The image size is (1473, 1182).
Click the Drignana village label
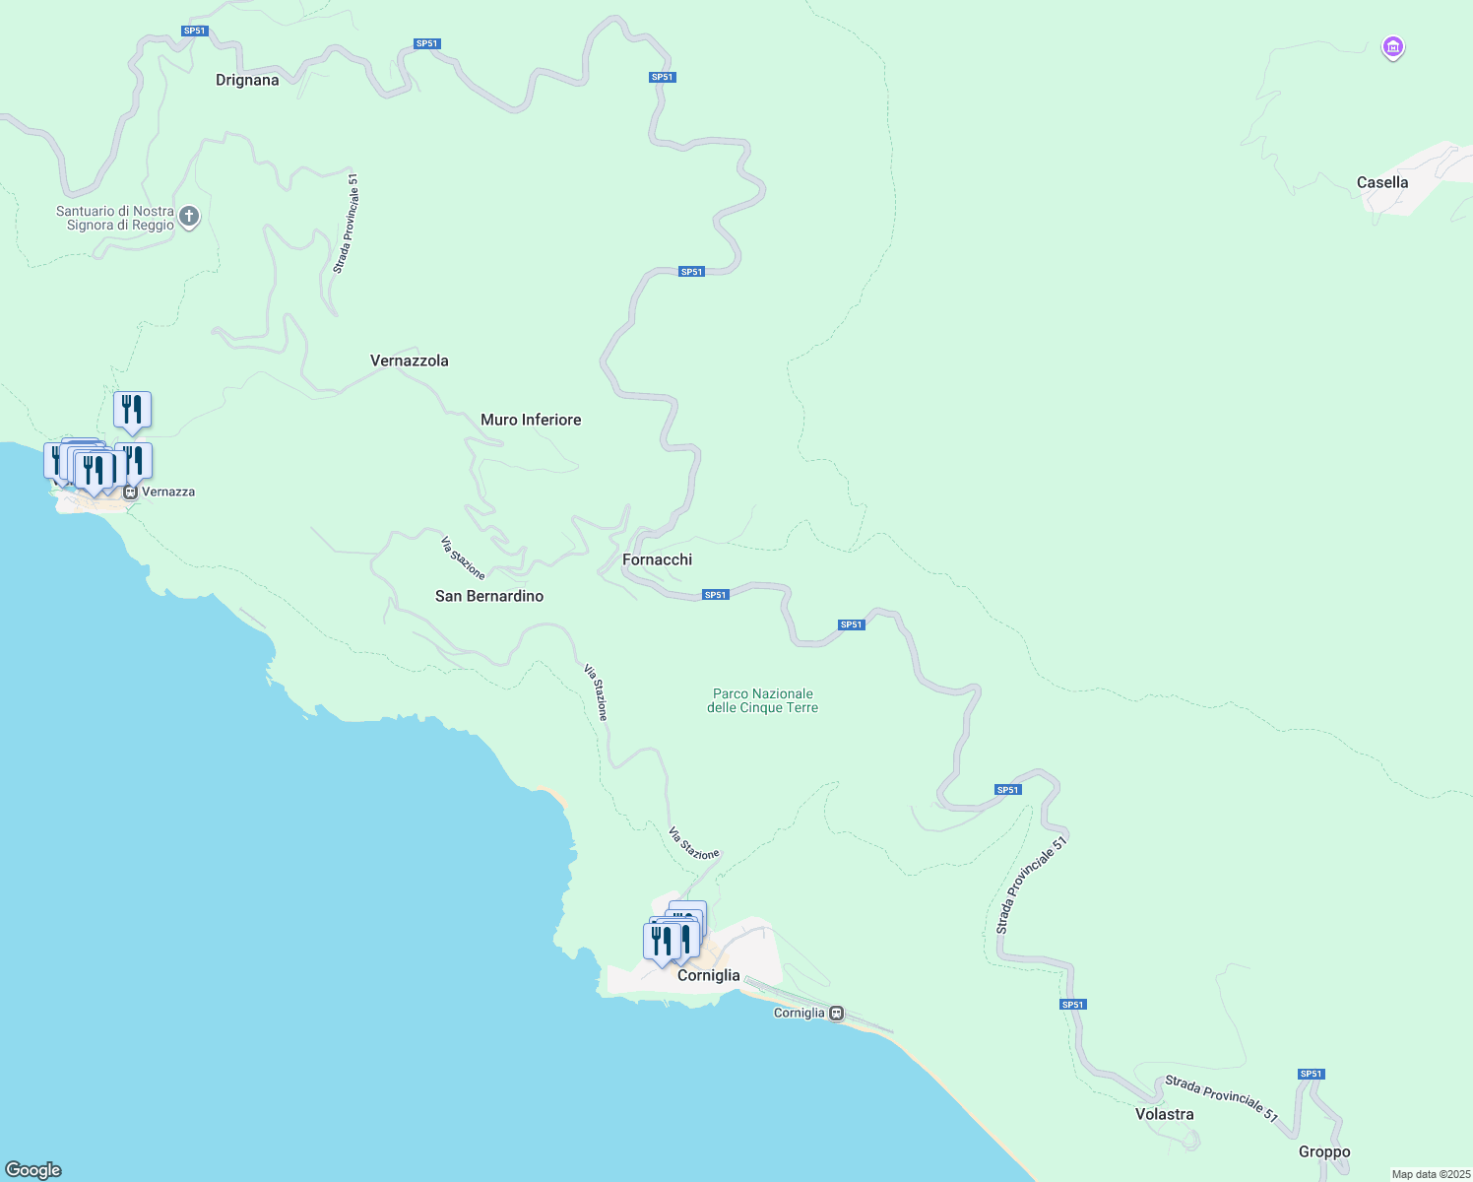[x=247, y=80]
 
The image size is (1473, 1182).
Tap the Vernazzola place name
[x=409, y=361]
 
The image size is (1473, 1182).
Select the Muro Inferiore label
[x=531, y=420]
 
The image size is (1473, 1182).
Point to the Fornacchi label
[x=657, y=559]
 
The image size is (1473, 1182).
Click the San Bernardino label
[x=489, y=596]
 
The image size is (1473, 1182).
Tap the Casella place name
[x=1381, y=182]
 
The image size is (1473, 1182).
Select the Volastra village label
[x=1164, y=1114]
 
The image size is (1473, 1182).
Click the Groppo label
[x=1323, y=1151]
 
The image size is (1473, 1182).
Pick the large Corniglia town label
[x=708, y=975]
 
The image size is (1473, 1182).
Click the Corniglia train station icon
[x=836, y=1013]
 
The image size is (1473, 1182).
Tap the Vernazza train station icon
[x=130, y=492]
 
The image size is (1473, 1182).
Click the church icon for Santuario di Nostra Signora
[x=190, y=216]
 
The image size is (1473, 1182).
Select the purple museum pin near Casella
[x=1392, y=46]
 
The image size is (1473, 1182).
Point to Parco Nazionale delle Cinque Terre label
[x=762, y=700]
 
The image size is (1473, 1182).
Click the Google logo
[x=33, y=1170]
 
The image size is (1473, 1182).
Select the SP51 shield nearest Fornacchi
[x=715, y=595]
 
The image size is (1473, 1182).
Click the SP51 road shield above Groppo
[x=1311, y=1074]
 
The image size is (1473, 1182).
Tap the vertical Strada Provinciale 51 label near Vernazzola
[x=346, y=224]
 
